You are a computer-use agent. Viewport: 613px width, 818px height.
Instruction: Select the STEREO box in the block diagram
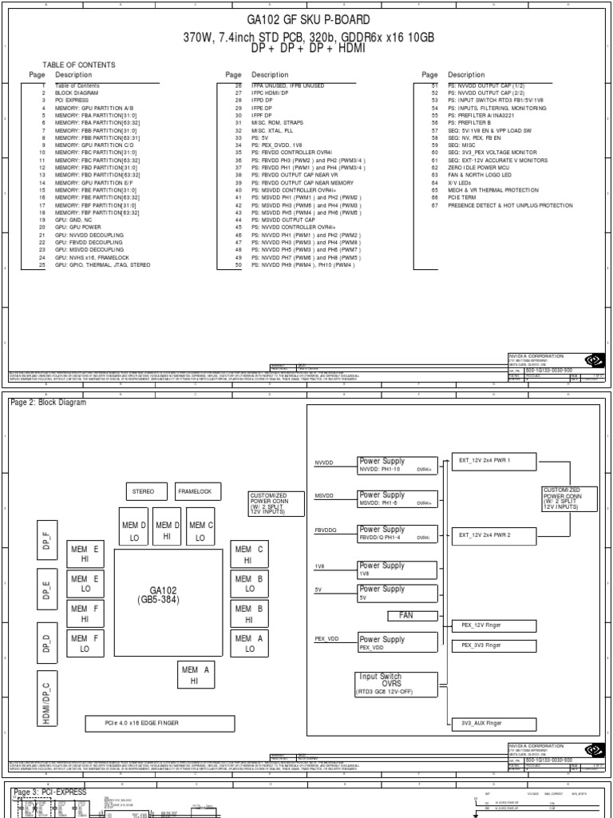tap(144, 491)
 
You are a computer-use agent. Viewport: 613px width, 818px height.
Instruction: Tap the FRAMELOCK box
tap(195, 491)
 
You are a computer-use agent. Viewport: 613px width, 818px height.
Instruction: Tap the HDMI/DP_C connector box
tap(45, 697)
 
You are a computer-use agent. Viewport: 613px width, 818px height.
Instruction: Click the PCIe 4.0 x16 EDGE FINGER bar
tap(160, 724)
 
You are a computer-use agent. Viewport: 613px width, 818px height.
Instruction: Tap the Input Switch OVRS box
tap(397, 684)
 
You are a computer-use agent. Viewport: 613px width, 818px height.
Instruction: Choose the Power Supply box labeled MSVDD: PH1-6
tap(397, 499)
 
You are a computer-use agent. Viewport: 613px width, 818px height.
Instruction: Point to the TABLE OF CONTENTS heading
tap(78, 65)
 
